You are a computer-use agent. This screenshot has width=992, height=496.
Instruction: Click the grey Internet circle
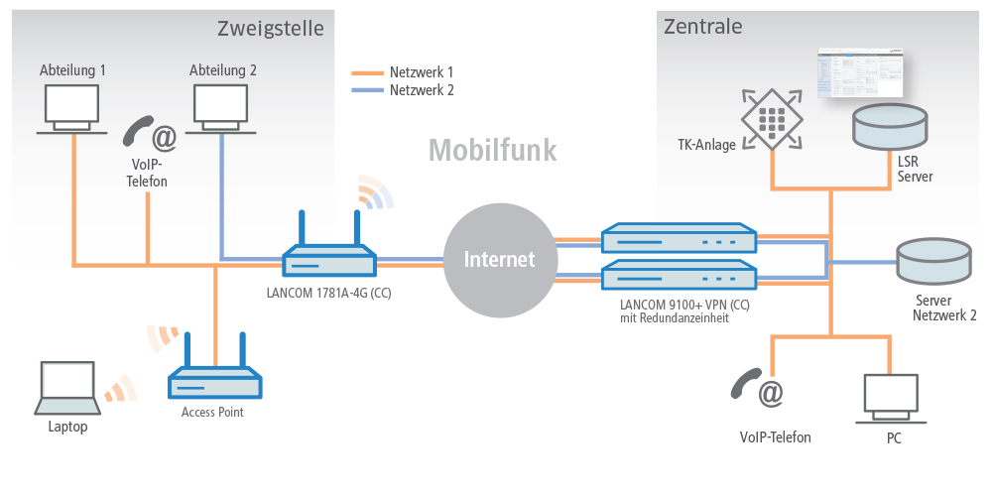501,260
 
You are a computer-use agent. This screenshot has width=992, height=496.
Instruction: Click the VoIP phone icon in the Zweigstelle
150,133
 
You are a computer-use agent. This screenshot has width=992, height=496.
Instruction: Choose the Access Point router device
213,382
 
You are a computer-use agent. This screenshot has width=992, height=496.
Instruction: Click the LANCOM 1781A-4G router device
329,261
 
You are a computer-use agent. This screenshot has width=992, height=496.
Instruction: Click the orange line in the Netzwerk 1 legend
368,72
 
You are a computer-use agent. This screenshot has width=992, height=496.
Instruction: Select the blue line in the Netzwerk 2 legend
368,90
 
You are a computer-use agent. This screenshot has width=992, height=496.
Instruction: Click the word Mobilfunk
492,150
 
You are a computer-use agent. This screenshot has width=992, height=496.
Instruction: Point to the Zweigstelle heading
270,29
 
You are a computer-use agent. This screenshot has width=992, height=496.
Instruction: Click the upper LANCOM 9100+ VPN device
679,239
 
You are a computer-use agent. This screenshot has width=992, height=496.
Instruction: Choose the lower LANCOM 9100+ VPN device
679,273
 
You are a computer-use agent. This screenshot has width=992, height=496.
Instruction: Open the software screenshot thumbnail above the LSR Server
860,72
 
